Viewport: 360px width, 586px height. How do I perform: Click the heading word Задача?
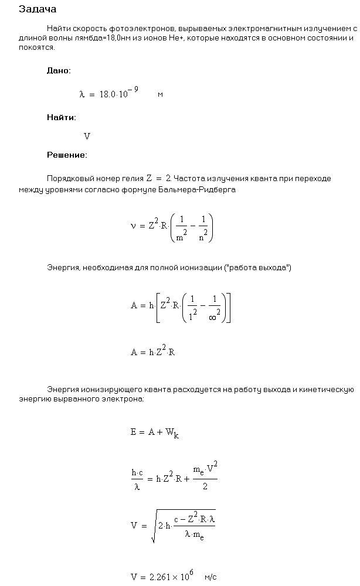tap(38, 9)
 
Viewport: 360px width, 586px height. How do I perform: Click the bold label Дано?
tap(59, 70)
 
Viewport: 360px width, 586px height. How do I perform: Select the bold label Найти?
tap(62, 117)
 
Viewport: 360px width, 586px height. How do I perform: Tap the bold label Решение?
tap(67, 155)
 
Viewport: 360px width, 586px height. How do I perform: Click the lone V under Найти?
tap(87, 137)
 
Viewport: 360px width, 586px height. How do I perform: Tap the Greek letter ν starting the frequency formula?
tap(133, 226)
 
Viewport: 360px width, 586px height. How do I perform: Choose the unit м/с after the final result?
tap(210, 577)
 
